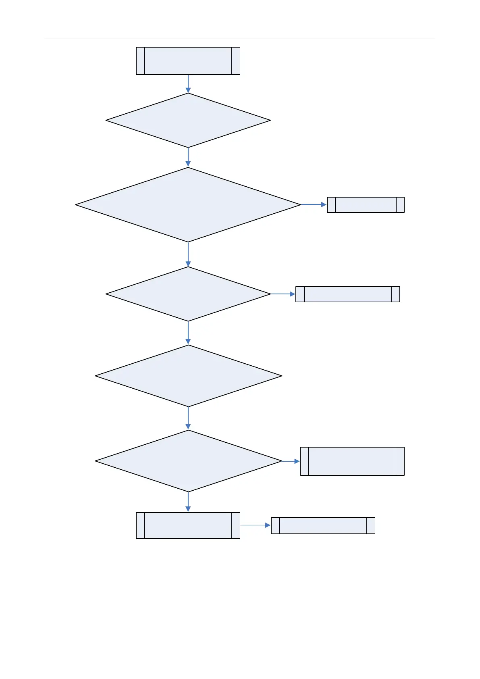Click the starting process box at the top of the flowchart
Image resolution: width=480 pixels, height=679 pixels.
pos(188,61)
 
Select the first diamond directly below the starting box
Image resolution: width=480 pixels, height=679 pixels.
pos(188,120)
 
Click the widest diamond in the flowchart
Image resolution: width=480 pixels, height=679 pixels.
pos(188,205)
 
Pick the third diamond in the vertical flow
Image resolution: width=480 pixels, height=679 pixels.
pos(188,294)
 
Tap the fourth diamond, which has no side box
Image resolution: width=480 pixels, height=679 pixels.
pos(188,376)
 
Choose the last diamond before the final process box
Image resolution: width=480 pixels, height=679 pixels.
pos(188,461)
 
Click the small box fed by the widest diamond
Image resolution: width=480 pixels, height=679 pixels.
pos(366,205)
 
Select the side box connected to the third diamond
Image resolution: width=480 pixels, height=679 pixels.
pos(347,294)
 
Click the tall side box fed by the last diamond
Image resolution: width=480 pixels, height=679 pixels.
pos(352,461)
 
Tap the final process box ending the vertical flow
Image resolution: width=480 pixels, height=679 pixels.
pos(188,525)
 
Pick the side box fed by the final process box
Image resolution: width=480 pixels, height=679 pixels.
pos(323,525)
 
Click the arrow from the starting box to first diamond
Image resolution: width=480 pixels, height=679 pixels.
pos(188,84)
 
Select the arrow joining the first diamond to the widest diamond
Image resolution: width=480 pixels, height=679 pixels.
pos(188,157)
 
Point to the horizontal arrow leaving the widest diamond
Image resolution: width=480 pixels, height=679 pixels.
pos(314,205)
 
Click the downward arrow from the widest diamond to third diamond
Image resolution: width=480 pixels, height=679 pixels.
pos(188,254)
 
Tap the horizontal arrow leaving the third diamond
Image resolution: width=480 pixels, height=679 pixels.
pos(283,294)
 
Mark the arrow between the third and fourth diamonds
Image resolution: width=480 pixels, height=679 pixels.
pos(188,333)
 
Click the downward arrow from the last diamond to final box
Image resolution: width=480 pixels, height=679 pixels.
pos(188,502)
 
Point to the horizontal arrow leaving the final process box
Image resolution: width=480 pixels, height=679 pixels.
pos(256,525)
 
